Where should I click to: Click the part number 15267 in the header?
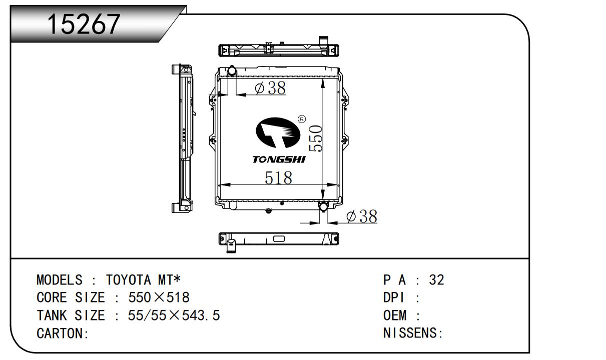pyautogui.click(x=84, y=24)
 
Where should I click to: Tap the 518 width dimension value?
pyautogui.click(x=278, y=177)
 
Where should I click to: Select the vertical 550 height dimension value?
pyautogui.click(x=316, y=138)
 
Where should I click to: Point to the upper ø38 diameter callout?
pyautogui.click(x=270, y=88)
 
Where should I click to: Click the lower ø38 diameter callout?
pyautogui.click(x=362, y=216)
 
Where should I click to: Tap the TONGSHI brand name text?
pyautogui.click(x=279, y=159)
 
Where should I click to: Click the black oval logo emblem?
pyautogui.click(x=278, y=132)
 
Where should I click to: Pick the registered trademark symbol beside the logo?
pyautogui.click(x=302, y=119)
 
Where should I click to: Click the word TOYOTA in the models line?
pyautogui.click(x=128, y=279)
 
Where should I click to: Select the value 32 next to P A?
pyautogui.click(x=436, y=279)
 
